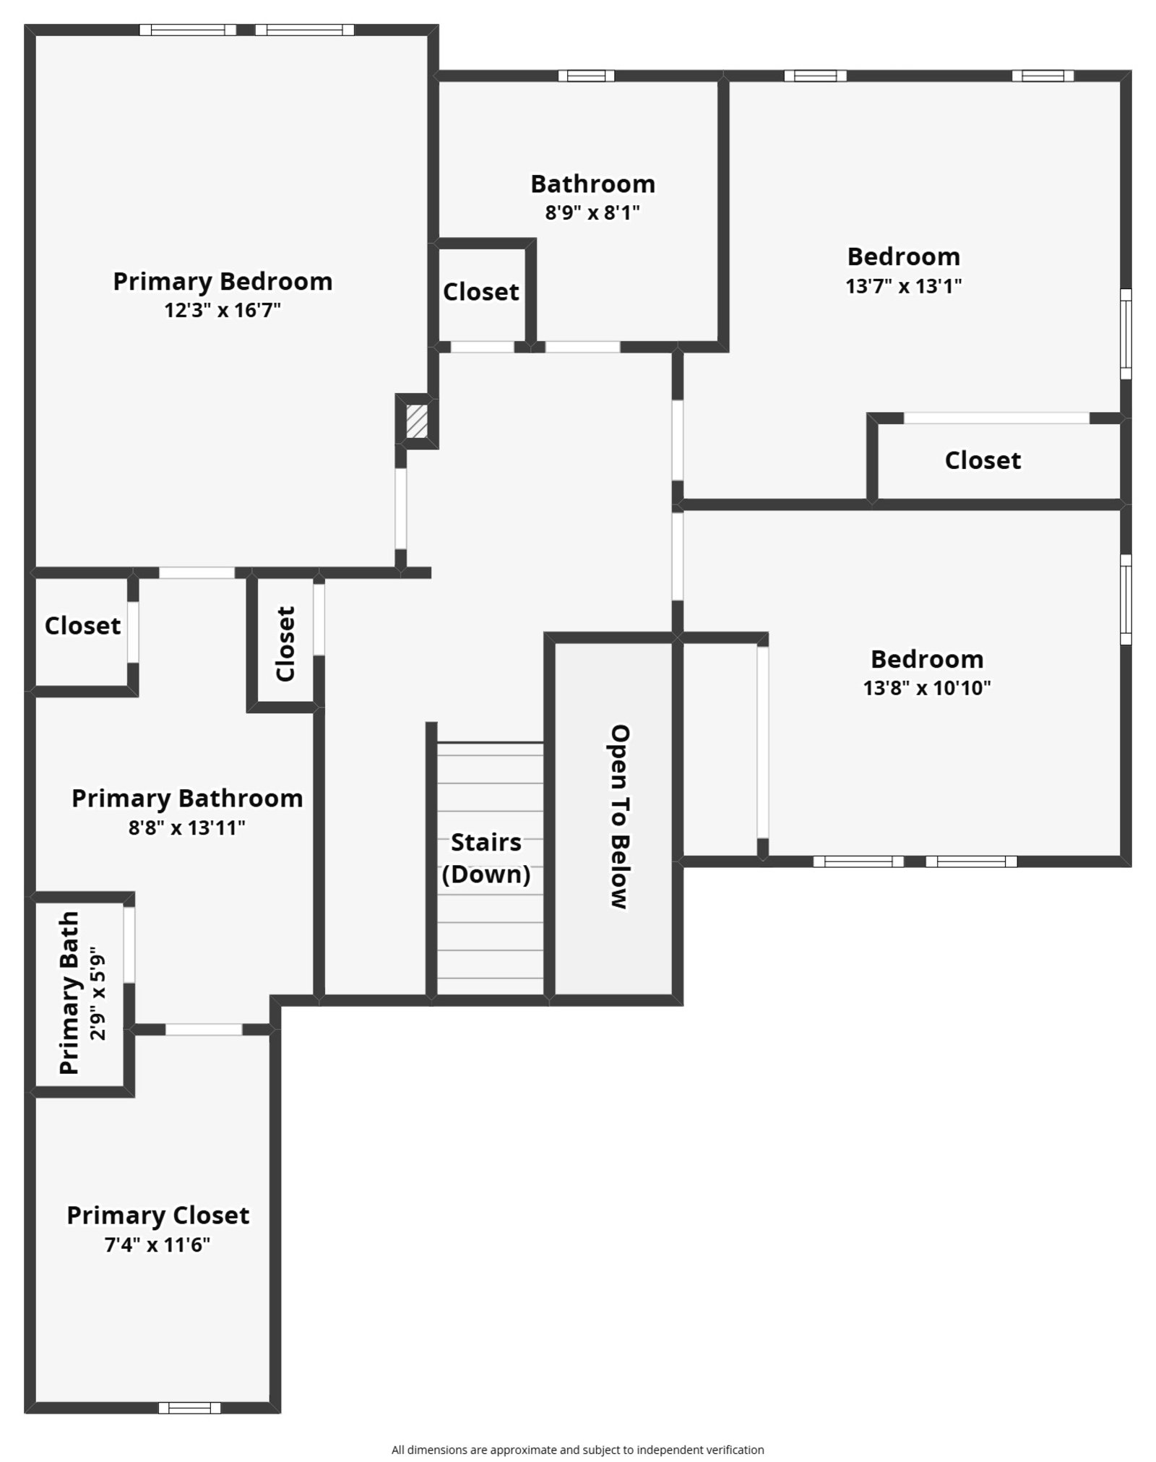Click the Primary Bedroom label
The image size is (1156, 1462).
tap(223, 281)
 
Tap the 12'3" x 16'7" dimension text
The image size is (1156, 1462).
tap(223, 311)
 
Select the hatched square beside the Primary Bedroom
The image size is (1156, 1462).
tap(417, 421)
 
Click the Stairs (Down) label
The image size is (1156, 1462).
tap(486, 859)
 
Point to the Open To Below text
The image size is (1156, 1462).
tap(620, 816)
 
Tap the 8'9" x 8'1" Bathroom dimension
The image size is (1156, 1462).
tap(592, 213)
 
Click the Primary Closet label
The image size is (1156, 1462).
tap(158, 1215)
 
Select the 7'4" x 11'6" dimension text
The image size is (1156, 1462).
tap(158, 1245)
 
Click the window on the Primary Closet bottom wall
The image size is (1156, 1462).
tap(189, 1407)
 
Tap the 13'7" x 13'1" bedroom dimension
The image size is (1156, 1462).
tap(903, 286)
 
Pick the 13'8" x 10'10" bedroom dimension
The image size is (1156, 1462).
tap(927, 688)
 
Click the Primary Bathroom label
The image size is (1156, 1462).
tap(187, 799)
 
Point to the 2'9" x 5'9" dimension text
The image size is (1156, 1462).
tap(98, 997)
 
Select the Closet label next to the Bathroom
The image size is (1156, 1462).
tap(480, 292)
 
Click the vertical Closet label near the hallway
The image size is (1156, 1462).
tap(286, 643)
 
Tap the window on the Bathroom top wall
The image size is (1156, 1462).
tap(586, 76)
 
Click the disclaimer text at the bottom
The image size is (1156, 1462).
tap(577, 1449)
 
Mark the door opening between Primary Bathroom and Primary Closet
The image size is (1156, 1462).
tap(204, 1029)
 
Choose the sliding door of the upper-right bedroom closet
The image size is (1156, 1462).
tap(996, 418)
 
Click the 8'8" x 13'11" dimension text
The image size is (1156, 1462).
tap(187, 828)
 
